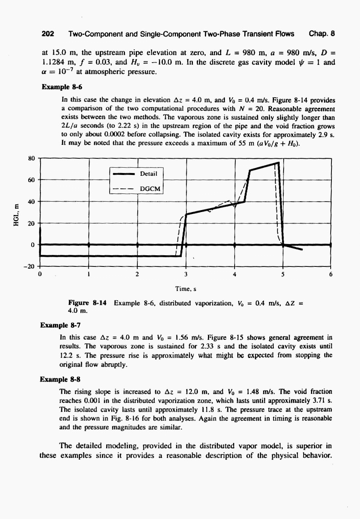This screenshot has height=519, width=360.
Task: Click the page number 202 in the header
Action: (x=48, y=34)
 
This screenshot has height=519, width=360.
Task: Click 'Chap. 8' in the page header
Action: (x=322, y=34)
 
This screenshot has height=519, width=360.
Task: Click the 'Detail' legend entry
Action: (x=149, y=174)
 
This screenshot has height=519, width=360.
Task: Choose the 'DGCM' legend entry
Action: (x=150, y=188)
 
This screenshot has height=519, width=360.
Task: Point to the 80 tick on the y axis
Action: (x=32, y=158)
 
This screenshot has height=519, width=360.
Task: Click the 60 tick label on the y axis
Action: (x=32, y=180)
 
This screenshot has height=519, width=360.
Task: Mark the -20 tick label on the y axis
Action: (x=30, y=266)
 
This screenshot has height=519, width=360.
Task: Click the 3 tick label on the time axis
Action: (x=186, y=275)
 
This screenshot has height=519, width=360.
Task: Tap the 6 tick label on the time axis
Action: (x=331, y=275)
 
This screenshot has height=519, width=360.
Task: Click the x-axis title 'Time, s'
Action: (x=186, y=288)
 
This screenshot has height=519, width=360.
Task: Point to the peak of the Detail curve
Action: (x=278, y=163)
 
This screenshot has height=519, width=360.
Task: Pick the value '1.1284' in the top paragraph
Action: (x=55, y=63)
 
